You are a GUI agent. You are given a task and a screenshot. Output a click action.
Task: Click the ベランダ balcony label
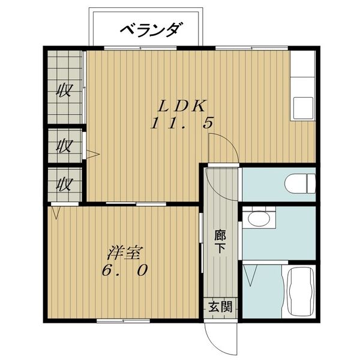(152, 30)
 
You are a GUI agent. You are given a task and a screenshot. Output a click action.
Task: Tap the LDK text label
(182, 106)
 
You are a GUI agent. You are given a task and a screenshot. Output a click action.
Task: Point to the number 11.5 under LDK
(182, 122)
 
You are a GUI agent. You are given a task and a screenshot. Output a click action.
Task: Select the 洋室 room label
(125, 253)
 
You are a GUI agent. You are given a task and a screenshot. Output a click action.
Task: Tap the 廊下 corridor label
(220, 241)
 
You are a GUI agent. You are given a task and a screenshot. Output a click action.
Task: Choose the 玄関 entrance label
(220, 307)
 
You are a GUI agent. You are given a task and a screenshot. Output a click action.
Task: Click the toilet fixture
(300, 184)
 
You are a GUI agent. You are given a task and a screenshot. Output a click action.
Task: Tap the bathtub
(301, 292)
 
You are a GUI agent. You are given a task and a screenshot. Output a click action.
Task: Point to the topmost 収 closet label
(65, 90)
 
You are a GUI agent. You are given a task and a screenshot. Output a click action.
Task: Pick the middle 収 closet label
(65, 146)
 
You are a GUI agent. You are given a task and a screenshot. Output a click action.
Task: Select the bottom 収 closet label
(65, 185)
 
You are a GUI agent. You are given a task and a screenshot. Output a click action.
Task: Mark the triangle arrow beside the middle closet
(93, 154)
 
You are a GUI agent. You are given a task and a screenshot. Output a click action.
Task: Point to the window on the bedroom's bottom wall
(123, 321)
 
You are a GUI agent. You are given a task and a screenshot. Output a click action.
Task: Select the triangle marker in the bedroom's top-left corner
(56, 213)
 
